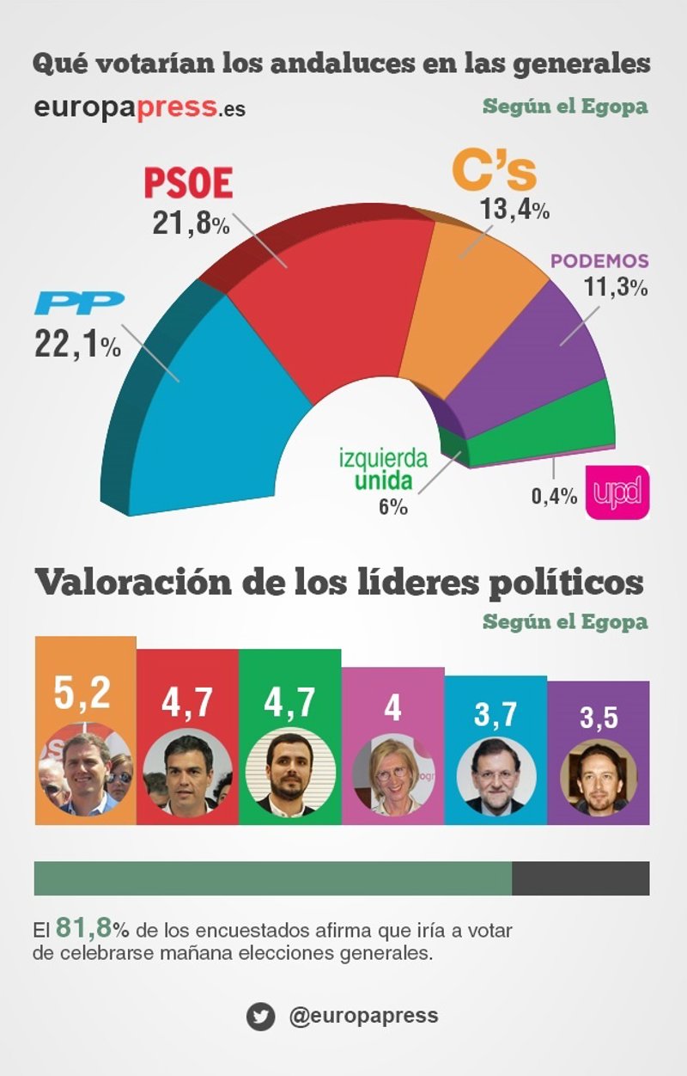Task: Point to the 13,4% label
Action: click(516, 209)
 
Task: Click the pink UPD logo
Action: click(617, 493)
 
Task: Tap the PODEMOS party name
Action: click(599, 261)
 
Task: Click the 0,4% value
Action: click(555, 496)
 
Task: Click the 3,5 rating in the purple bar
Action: click(598, 716)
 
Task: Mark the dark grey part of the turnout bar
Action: click(581, 878)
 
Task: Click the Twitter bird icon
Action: click(260, 1016)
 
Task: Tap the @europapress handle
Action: click(363, 1016)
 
